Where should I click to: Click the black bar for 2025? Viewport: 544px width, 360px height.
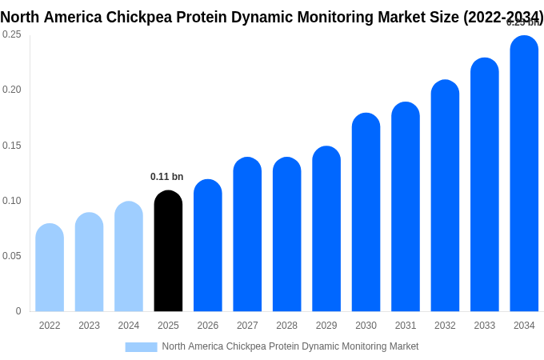168,252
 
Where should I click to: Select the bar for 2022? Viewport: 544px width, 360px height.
50,268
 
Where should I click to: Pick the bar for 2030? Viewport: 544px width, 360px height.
366,213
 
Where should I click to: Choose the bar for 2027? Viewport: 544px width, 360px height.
247,235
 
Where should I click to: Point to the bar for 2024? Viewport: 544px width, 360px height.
129,257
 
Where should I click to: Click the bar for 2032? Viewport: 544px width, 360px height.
445,196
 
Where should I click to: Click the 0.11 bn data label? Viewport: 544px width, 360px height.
166,177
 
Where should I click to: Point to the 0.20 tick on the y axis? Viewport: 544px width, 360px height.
11,90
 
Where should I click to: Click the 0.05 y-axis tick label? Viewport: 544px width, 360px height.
11,256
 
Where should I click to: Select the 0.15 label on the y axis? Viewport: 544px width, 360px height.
11,146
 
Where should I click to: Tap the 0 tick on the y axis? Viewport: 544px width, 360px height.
18,311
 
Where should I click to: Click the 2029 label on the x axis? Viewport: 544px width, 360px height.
326,326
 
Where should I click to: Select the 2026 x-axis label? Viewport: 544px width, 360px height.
208,326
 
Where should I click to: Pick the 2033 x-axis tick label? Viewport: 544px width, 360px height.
484,326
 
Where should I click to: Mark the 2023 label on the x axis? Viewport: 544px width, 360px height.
89,326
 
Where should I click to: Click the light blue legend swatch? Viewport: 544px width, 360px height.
141,347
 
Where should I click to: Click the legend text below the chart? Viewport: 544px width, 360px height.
290,346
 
